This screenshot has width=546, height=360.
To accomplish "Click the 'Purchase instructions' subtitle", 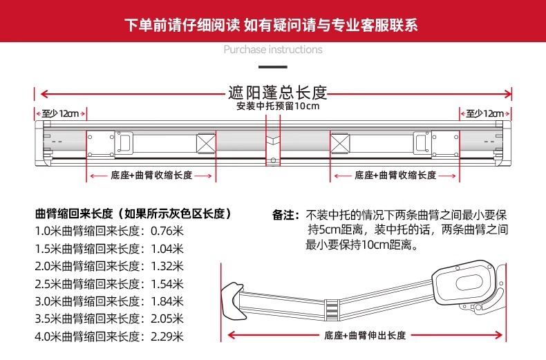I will pos(273,50).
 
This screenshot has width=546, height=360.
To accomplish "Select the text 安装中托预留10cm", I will pos(277,106).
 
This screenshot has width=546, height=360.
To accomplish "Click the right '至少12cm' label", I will pos(484,113).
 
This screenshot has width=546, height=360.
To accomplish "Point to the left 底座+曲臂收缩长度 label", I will pos(151,176).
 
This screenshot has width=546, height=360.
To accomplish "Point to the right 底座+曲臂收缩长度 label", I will pos(395,176).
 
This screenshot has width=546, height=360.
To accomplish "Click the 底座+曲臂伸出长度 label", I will pos(364,335).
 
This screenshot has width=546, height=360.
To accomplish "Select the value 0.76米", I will pos(166,231).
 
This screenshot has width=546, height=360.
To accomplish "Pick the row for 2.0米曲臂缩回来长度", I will pos(109,266).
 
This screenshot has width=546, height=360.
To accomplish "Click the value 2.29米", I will pos(166,337).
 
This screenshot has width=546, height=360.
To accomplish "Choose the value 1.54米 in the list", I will pos(166,284).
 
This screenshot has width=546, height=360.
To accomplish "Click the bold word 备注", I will pos(285,215).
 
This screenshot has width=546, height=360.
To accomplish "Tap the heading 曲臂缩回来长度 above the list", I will pos(133,214).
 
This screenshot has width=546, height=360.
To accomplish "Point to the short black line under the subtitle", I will pos(272,67).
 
